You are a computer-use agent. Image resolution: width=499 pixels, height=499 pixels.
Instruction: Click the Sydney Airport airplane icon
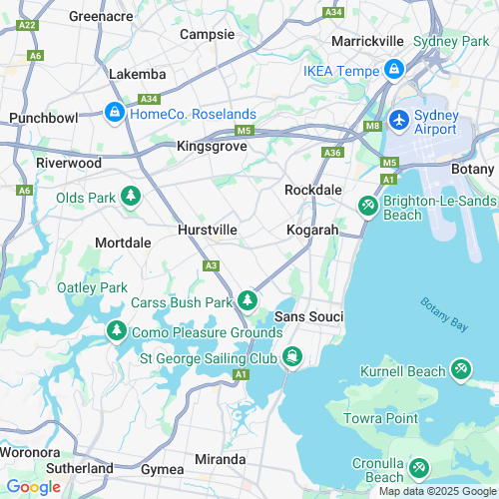[x=400, y=119]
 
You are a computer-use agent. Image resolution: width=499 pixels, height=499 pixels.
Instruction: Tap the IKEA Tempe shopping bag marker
[x=394, y=70]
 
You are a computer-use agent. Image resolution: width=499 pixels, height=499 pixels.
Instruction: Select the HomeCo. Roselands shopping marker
[x=115, y=112]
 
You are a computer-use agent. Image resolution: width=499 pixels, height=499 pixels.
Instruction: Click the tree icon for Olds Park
[x=130, y=197]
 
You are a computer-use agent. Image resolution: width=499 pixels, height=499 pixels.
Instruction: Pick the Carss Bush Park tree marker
[x=248, y=300]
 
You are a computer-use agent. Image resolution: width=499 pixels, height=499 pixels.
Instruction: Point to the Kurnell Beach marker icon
[x=461, y=370]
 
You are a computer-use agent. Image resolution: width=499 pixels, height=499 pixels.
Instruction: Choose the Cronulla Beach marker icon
[x=420, y=467]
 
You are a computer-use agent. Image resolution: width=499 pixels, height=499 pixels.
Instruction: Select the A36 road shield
[x=332, y=153]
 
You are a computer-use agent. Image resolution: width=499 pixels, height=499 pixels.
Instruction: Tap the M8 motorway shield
[x=373, y=125]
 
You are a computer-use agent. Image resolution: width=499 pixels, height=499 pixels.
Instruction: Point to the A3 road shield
[x=211, y=264]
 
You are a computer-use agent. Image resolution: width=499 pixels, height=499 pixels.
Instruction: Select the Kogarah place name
[x=312, y=230]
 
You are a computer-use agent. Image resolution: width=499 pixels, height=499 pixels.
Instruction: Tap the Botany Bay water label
[x=444, y=316]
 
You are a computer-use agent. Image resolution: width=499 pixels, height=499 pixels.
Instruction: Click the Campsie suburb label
[x=207, y=34]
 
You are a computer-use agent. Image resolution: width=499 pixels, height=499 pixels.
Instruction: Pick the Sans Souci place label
[x=308, y=316]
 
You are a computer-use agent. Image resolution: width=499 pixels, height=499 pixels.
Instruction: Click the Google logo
[x=33, y=486]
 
